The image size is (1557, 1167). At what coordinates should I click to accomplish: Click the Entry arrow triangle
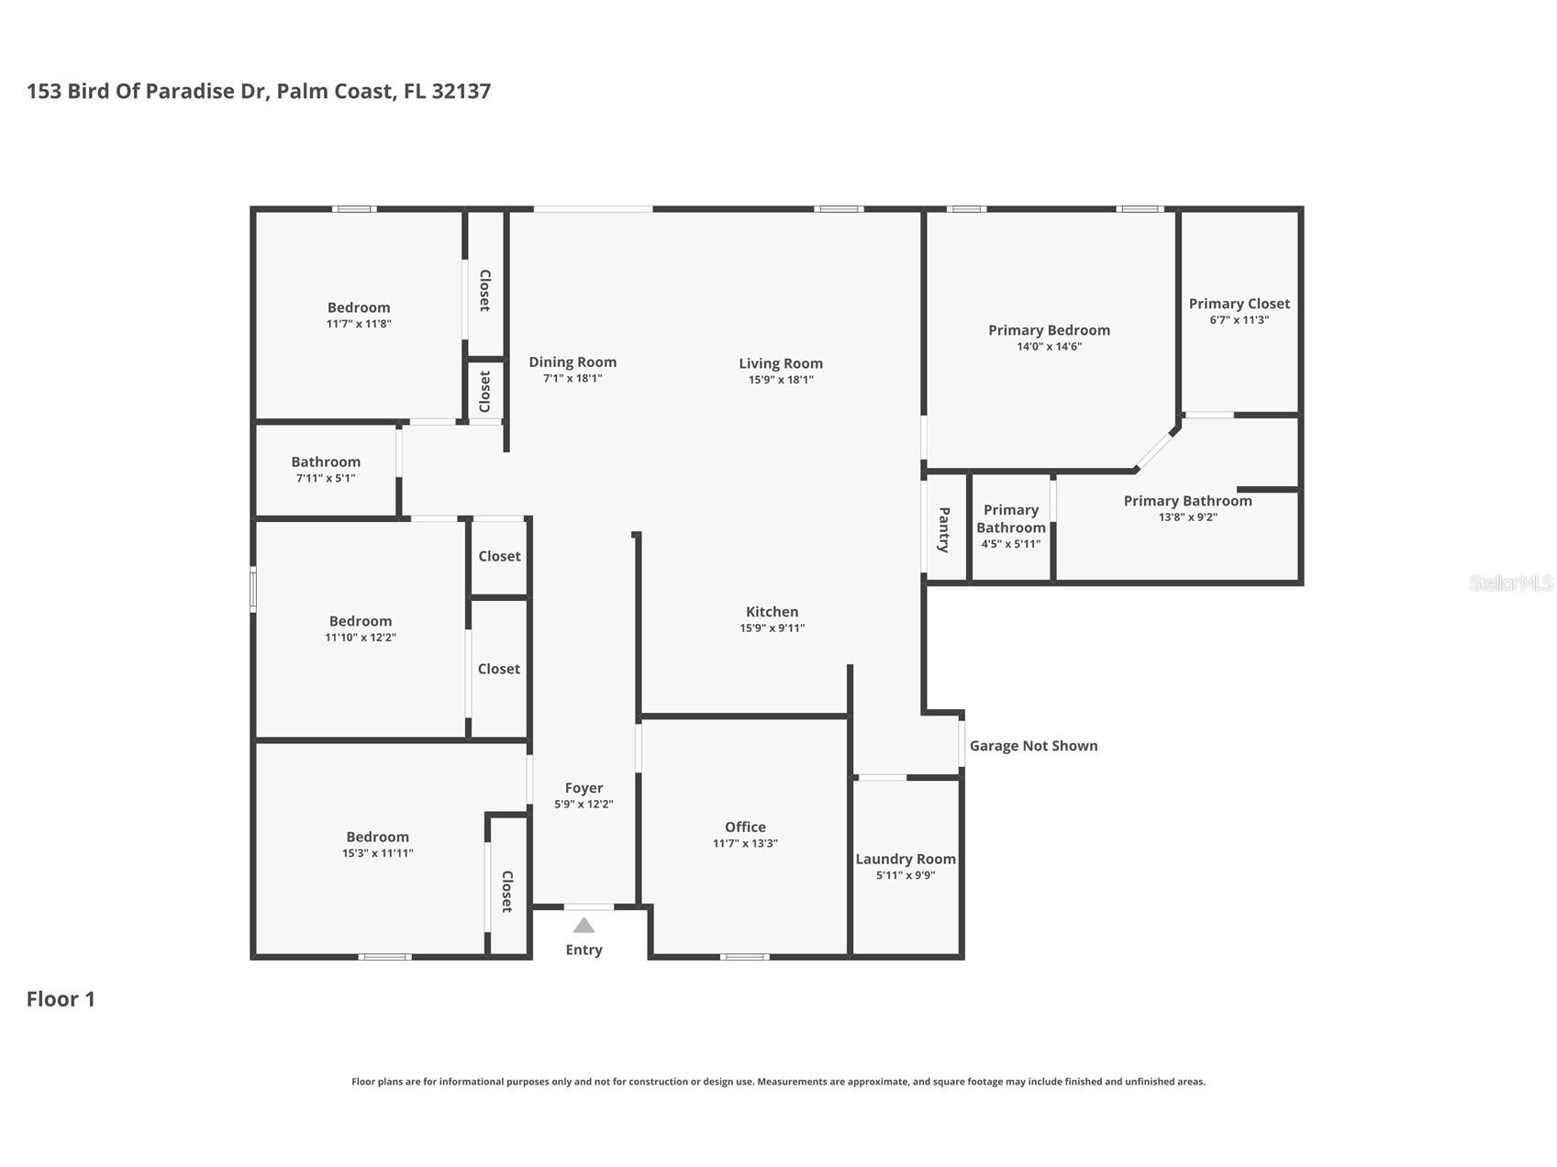pos(584,926)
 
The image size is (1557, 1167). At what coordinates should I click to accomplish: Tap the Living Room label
pos(780,363)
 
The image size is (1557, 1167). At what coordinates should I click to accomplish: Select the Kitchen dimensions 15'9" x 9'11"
pos(772,628)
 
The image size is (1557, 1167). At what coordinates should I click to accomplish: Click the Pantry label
pos(943,529)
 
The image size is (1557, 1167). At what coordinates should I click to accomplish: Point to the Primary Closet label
pos(1239,304)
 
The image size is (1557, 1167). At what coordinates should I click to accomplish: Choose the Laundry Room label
pos(905,859)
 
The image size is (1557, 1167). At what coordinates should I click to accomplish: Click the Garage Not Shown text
pos(1033,746)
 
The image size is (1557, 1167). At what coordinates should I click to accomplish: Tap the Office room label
pos(744,827)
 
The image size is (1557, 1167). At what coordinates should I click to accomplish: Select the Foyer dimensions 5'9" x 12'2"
pos(584,805)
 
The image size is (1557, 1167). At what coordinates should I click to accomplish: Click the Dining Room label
pos(573,362)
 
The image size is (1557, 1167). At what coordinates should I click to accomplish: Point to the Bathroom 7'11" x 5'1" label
pos(326,462)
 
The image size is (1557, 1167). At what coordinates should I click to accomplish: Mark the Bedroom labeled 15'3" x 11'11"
pos(377,837)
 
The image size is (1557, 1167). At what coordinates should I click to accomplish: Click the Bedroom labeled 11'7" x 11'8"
pos(359,308)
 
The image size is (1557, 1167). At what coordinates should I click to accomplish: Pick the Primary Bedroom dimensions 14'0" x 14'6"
pos(1049,347)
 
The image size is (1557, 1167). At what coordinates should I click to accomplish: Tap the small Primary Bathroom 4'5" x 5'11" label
pos(1010,519)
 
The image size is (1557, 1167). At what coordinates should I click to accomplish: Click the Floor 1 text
pos(61,999)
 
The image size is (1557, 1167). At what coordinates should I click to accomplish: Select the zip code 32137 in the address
pos(461,91)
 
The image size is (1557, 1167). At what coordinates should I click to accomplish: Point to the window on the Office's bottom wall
pos(744,957)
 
